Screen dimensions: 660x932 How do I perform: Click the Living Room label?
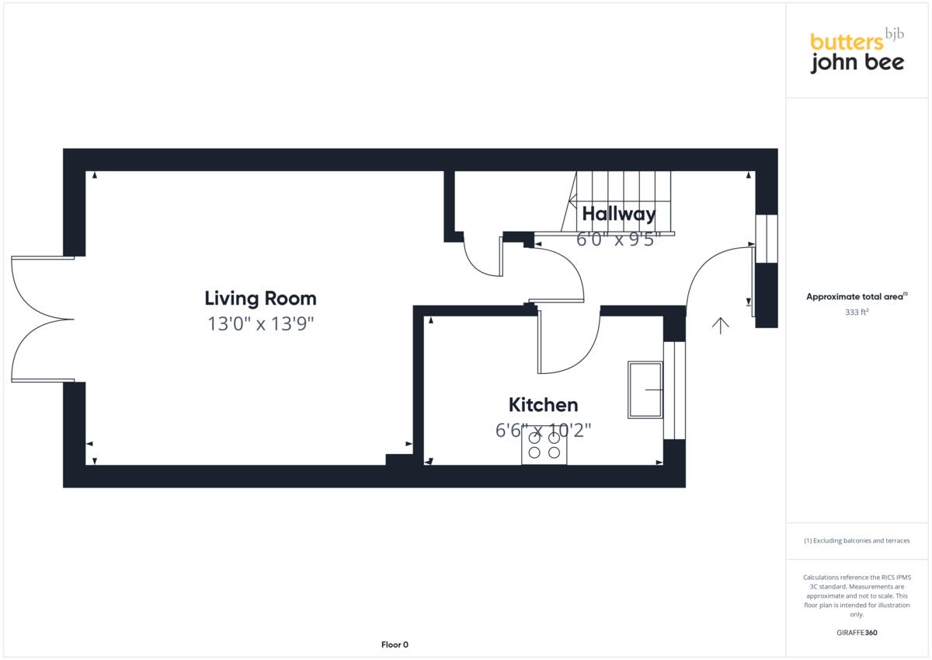(x=260, y=299)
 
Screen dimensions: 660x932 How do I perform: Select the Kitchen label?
(x=543, y=405)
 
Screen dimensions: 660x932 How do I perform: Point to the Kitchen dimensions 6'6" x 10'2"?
(x=543, y=430)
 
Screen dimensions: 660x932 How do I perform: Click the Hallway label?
(x=618, y=214)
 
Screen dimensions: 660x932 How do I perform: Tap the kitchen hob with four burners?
(x=544, y=445)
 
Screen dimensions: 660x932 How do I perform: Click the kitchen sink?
(x=645, y=389)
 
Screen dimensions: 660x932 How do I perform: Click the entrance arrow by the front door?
(x=721, y=326)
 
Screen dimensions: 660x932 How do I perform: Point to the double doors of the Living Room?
(x=43, y=319)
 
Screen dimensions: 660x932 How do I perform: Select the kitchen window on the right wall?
(x=675, y=390)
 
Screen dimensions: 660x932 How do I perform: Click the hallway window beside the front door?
(x=766, y=239)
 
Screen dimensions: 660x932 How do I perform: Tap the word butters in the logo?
(x=845, y=42)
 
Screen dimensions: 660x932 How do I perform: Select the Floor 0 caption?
(x=395, y=644)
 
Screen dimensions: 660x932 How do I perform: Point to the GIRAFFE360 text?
(x=857, y=633)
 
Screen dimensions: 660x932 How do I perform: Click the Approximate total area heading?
(x=856, y=297)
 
